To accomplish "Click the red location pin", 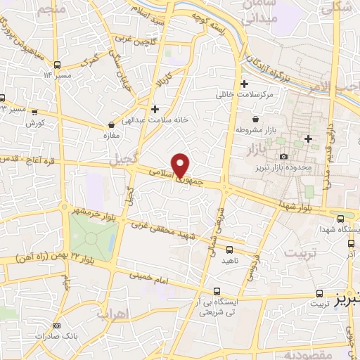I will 181,165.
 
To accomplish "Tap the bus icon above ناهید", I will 230,249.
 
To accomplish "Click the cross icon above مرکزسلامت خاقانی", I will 243,82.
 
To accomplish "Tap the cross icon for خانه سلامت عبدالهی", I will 155,108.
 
